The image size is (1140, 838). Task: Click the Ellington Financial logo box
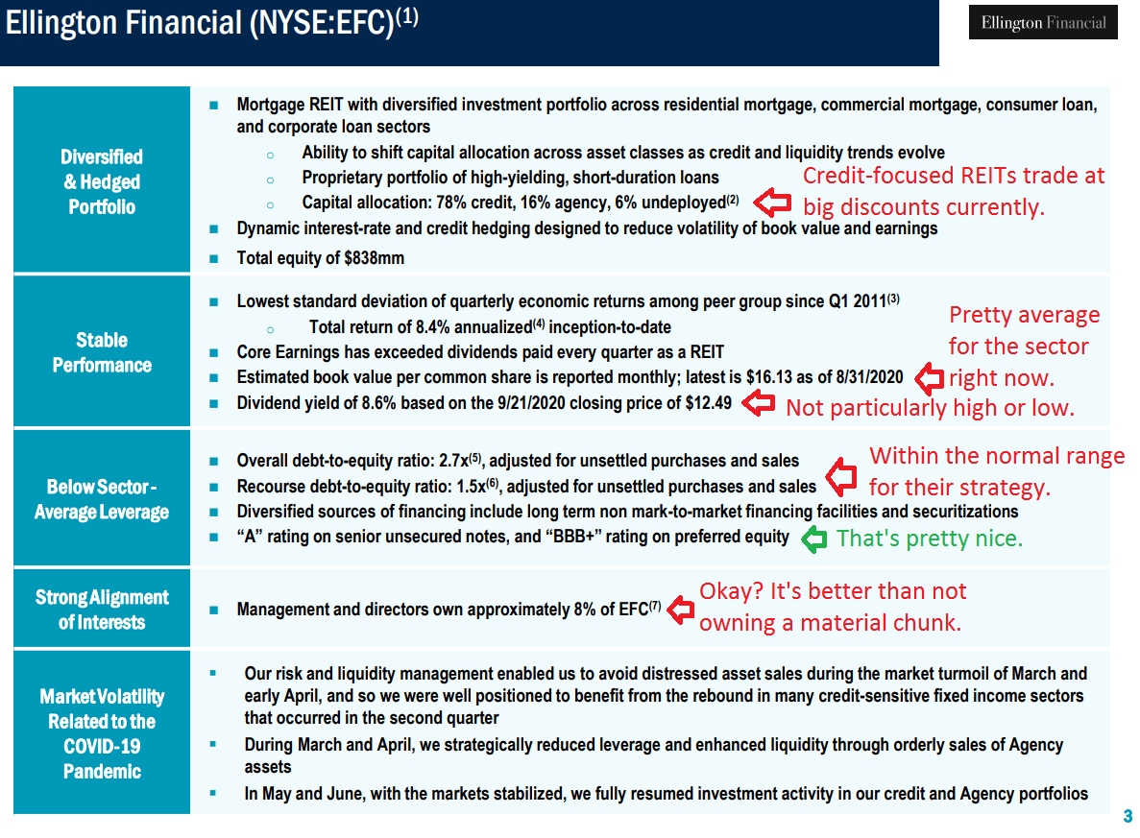click(1043, 22)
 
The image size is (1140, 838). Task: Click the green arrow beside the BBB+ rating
click(813, 539)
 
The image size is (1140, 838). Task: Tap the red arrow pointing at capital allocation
click(772, 202)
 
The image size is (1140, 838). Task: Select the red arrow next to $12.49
click(759, 403)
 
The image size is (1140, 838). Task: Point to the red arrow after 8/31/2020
click(929, 377)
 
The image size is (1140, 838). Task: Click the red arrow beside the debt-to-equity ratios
click(841, 474)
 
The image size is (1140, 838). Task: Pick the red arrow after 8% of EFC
click(681, 610)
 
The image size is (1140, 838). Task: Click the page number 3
click(1128, 816)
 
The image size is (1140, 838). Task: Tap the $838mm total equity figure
click(375, 258)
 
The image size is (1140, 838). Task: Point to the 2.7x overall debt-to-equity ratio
click(453, 461)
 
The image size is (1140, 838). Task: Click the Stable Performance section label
click(102, 352)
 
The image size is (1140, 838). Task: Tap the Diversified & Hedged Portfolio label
click(102, 181)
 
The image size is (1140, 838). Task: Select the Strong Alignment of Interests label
click(102, 610)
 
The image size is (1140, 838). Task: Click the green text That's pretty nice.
click(929, 539)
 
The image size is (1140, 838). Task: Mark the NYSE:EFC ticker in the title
click(322, 22)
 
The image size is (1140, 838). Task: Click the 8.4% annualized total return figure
click(435, 327)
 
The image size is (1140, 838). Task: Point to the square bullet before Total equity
click(214, 258)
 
